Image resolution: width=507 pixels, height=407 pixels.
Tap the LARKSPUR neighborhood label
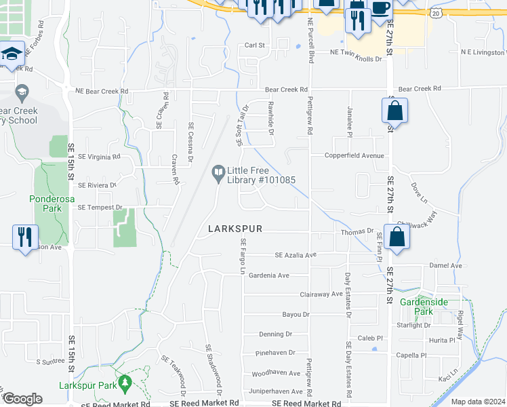click(x=235, y=230)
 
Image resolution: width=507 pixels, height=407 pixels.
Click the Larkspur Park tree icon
click(x=124, y=384)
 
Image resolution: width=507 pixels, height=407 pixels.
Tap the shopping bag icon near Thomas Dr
click(x=398, y=237)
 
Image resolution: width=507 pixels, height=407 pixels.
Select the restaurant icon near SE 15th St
click(x=25, y=237)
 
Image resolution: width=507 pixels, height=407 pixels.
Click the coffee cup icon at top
click(x=380, y=8)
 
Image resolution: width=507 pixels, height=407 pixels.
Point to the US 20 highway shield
click(x=434, y=13)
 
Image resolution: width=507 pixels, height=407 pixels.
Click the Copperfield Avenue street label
click(x=359, y=155)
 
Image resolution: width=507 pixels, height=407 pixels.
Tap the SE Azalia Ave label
click(x=296, y=255)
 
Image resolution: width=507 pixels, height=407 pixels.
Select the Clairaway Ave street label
click(x=321, y=294)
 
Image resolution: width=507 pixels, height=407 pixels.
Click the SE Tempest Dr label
click(x=100, y=207)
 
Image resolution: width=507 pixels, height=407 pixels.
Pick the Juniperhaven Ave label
click(x=277, y=391)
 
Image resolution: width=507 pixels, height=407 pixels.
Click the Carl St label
click(x=254, y=45)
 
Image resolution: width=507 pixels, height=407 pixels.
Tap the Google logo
click(x=22, y=398)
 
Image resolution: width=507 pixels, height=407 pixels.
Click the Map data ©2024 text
click(x=477, y=402)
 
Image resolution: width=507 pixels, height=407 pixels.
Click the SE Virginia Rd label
click(x=99, y=156)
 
